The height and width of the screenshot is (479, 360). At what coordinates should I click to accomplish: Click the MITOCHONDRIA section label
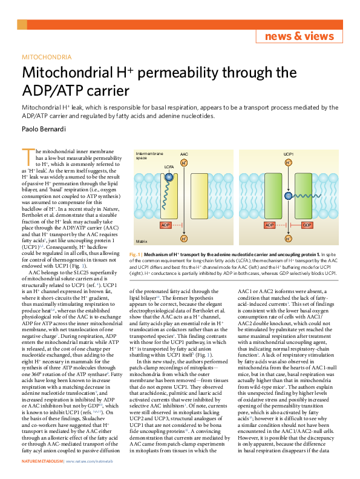click(47, 58)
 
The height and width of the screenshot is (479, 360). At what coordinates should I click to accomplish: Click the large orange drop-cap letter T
click(28, 156)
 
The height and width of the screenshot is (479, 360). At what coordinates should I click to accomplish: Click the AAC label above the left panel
click(184, 154)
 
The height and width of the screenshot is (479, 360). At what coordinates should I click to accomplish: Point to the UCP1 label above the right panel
click(289, 154)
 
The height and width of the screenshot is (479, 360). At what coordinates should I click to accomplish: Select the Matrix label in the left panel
click(142, 240)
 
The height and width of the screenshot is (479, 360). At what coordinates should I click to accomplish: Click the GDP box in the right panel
click(307, 225)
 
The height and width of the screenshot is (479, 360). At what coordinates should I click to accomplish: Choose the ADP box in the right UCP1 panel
click(270, 225)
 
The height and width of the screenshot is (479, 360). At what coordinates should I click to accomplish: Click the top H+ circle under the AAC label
click(184, 162)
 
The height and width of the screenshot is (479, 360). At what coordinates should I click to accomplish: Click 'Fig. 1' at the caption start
click(136, 255)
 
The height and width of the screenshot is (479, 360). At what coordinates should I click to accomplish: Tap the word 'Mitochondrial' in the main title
click(71, 74)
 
